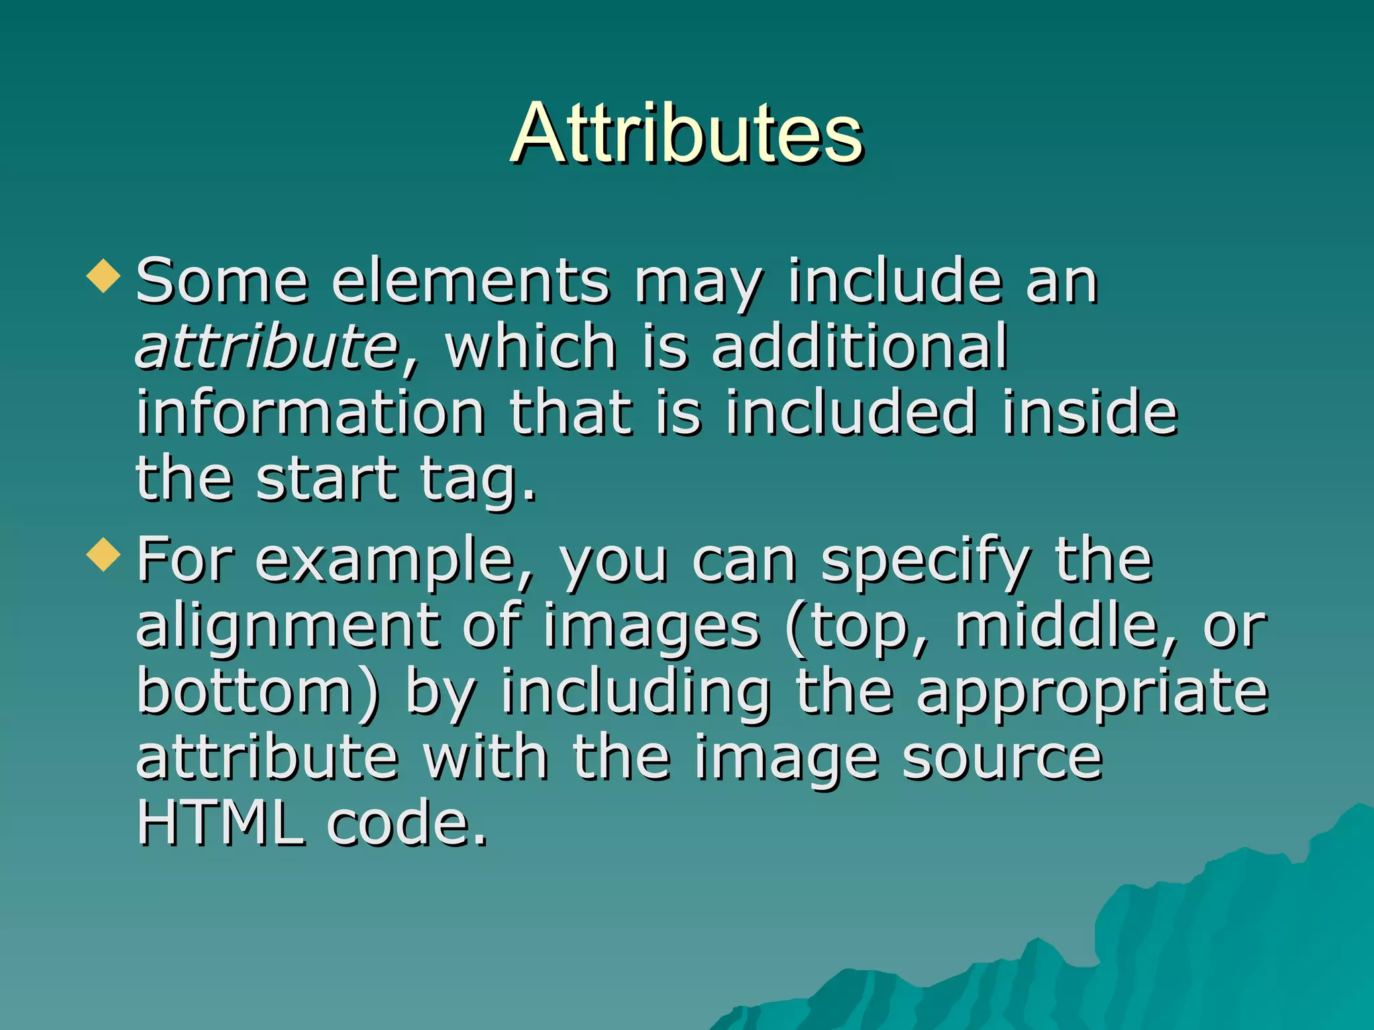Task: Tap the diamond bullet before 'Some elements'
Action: click(x=104, y=276)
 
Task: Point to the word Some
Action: click(x=221, y=282)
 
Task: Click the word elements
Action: click(x=470, y=282)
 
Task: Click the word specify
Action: click(x=926, y=561)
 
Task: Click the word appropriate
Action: click(x=1092, y=693)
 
